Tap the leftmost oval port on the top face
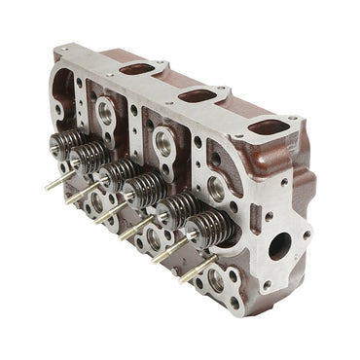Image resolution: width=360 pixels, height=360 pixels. click(137, 70)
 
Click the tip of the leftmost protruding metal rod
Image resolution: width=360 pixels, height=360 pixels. click(46, 184)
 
